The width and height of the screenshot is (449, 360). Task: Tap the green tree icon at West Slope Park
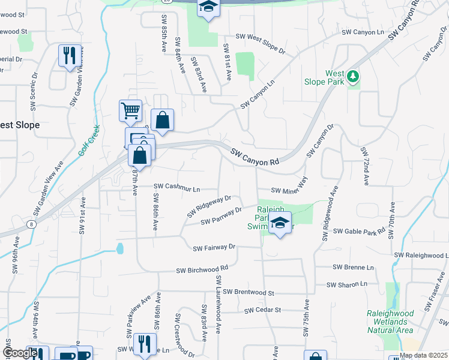pyautogui.click(x=354, y=76)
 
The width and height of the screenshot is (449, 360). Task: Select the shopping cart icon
pyautogui.click(x=130, y=110)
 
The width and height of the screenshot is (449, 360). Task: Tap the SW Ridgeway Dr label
pyautogui.click(x=208, y=205)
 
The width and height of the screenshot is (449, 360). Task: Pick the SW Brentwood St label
pyautogui.click(x=248, y=293)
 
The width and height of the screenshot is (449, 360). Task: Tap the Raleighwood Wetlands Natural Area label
pyautogui.click(x=390, y=322)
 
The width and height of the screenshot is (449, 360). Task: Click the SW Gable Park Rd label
pyautogui.click(x=359, y=231)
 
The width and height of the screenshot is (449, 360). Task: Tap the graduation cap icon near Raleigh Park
pyautogui.click(x=279, y=223)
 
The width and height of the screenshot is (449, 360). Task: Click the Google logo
pyautogui.click(x=20, y=353)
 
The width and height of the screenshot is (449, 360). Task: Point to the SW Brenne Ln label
pyautogui.click(x=353, y=267)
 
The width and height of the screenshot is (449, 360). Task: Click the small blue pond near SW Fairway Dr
pyautogui.click(x=120, y=248)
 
